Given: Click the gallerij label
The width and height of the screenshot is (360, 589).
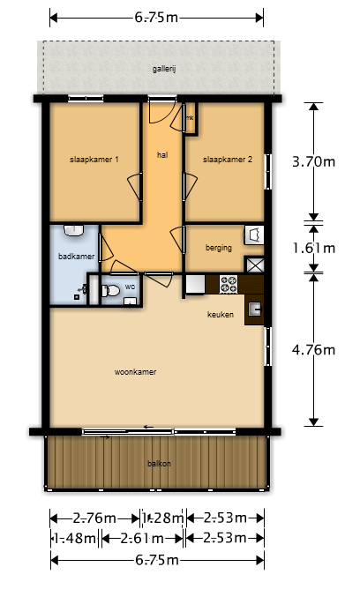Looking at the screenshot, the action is tap(164, 69).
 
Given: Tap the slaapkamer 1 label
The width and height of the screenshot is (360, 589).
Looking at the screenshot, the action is tap(94, 160).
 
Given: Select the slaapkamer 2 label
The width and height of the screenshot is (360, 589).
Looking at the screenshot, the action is tap(228, 160).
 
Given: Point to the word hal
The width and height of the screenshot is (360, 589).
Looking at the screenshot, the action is tap(162, 155).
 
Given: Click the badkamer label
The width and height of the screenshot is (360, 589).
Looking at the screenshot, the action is tap(76, 257).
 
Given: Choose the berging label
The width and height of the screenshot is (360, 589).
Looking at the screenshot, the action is tap(219, 248).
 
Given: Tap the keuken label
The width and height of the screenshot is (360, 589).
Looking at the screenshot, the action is tap(221, 315).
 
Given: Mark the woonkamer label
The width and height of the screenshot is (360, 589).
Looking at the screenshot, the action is tap(135, 372).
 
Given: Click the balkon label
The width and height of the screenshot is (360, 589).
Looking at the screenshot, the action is tap(159, 464).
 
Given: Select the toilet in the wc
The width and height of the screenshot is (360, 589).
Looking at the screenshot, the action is tap(110, 290).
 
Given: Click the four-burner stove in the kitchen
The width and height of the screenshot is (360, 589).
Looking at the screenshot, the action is tap(229, 284).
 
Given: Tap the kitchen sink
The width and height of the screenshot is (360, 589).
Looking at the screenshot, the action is tap(254, 309).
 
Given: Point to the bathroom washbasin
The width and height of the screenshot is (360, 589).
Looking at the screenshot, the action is tap(73, 230).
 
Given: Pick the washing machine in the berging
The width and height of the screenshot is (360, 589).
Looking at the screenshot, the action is tap(253, 235).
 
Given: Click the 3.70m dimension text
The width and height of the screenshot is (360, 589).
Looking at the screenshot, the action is tap(313, 162).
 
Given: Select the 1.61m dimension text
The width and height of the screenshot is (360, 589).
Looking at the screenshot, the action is tap(314, 248).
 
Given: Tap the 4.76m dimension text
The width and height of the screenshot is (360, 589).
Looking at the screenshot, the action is tap(313, 350).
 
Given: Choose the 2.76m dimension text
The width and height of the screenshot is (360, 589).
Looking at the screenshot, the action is tap(94, 518).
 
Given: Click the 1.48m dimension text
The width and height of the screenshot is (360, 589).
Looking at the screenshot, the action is tap(74, 539).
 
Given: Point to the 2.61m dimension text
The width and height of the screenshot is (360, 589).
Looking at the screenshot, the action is tap(142, 539).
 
